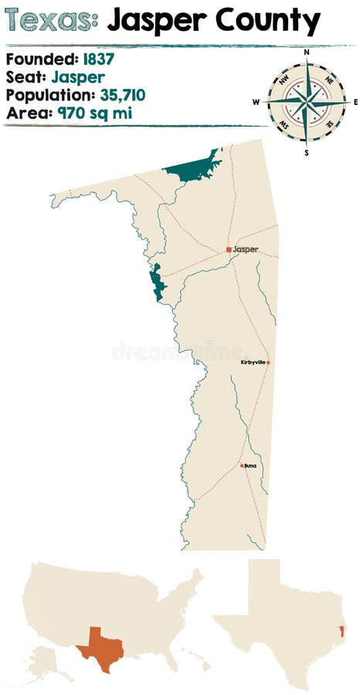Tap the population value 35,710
[134, 95]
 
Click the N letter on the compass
[307, 53]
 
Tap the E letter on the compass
[355, 101]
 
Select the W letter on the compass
[256, 101]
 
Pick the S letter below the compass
[307, 152]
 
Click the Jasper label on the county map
[246, 249]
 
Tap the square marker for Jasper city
[229, 249]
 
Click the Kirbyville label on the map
[253, 361]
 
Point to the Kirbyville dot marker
[268, 361]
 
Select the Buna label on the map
[250, 466]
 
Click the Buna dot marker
[242, 466]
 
